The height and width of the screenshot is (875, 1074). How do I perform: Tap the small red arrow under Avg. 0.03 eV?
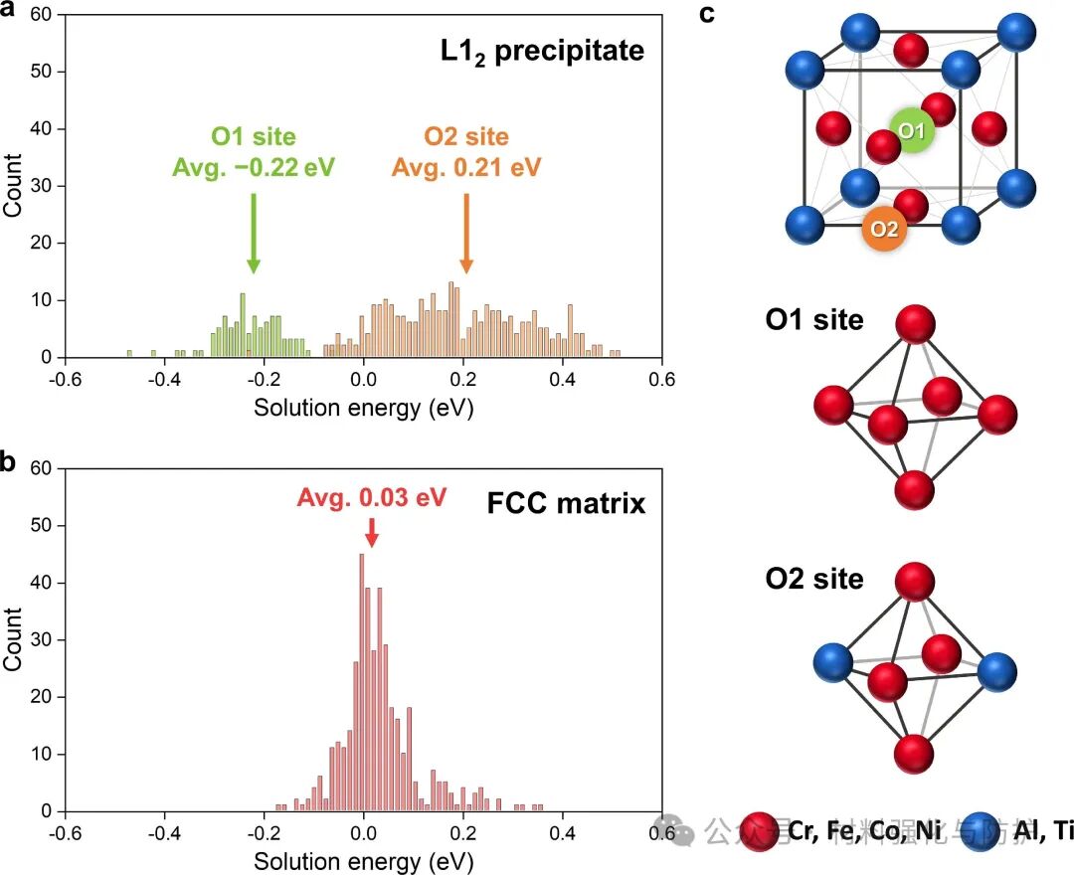(371, 531)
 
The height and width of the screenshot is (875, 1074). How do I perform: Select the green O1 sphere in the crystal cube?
(912, 131)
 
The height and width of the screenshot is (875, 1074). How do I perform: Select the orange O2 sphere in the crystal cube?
(884, 228)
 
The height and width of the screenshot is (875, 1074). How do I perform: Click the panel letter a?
(14, 14)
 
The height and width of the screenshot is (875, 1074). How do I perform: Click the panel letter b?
(14, 462)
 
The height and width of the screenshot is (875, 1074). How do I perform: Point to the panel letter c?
(737, 14)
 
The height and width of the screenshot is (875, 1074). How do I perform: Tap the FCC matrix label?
(566, 503)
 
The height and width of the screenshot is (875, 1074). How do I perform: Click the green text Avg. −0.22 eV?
(253, 166)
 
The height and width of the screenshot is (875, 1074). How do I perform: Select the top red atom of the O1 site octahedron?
(915, 327)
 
